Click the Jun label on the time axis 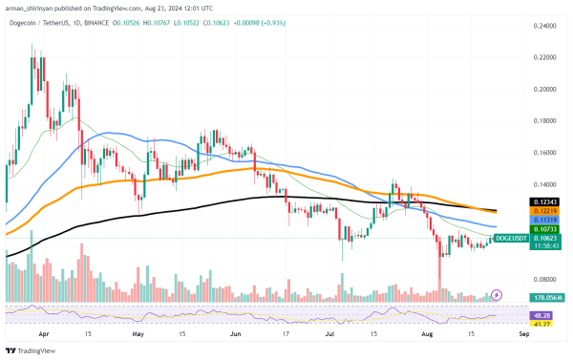pos(235,335)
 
